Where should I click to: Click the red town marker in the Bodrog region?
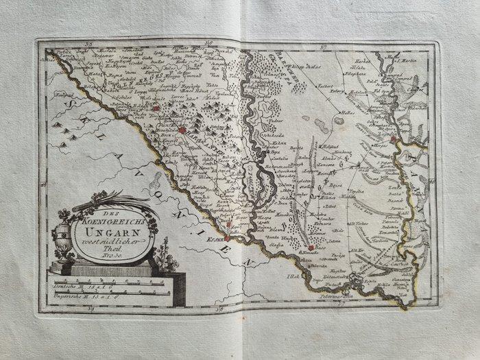point(311,248)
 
